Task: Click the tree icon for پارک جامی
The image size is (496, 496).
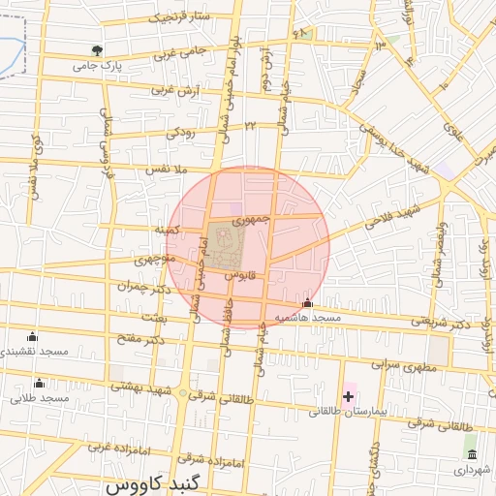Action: tap(96, 49)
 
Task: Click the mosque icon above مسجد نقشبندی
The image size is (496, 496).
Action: tap(33, 336)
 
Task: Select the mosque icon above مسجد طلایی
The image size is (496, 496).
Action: tap(39, 383)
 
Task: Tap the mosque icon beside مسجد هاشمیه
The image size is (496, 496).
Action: tap(308, 303)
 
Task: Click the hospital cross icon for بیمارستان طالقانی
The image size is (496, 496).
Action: tap(348, 396)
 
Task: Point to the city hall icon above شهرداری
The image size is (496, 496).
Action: tap(471, 454)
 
